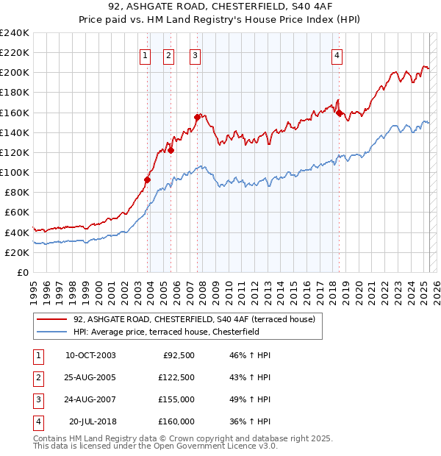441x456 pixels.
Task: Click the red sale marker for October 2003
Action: coord(148,179)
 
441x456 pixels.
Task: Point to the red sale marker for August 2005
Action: coord(171,150)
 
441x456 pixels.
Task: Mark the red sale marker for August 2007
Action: coord(197,117)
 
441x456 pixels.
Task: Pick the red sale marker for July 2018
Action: coord(339,113)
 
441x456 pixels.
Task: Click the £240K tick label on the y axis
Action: coord(15,33)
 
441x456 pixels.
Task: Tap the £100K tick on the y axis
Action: coord(15,172)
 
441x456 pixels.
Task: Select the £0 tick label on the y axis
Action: coord(22,272)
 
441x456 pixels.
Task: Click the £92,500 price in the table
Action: coord(176,355)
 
